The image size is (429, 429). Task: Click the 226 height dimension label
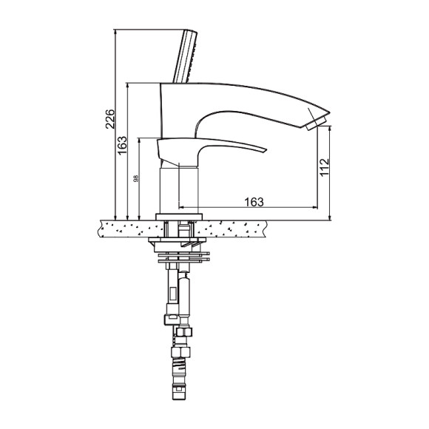[110, 119]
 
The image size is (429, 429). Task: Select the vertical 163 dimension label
[122, 145]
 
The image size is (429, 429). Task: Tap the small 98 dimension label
[135, 179]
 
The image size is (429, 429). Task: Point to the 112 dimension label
[324, 167]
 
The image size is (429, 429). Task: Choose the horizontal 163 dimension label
[254, 202]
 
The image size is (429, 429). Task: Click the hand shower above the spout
[185, 55]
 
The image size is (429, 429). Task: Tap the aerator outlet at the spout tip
[317, 124]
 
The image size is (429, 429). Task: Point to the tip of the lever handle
[266, 150]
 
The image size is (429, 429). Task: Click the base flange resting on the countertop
[179, 217]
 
